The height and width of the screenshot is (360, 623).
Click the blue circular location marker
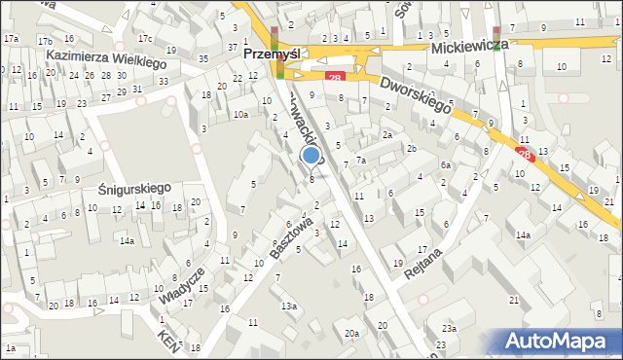click(311, 155)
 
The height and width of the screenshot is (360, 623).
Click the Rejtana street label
click(425, 261)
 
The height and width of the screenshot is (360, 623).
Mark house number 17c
click(144, 39)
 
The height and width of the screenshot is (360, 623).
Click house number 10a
click(239, 115)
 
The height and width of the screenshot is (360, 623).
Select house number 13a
click(289, 306)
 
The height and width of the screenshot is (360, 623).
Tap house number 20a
click(351, 334)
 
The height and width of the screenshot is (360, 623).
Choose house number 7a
click(360, 160)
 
